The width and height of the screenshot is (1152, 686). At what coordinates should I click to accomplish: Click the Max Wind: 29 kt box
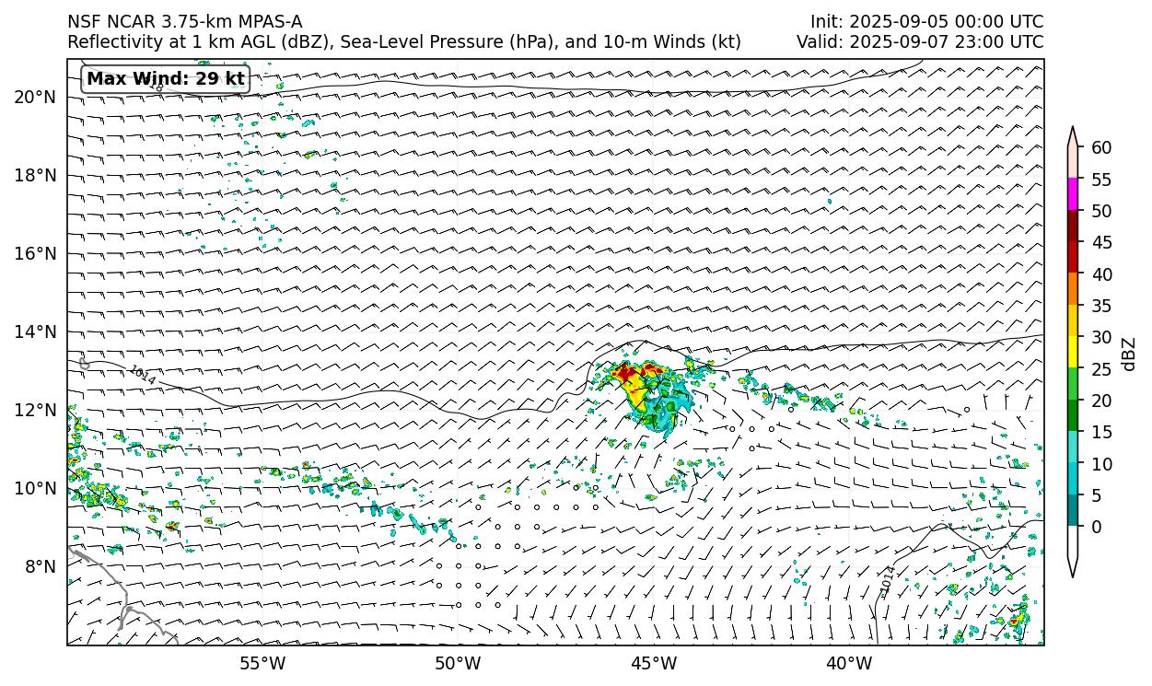(x=166, y=79)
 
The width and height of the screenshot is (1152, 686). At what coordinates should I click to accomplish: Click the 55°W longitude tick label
(x=262, y=663)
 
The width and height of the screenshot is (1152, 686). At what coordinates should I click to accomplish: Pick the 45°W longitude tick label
(x=654, y=663)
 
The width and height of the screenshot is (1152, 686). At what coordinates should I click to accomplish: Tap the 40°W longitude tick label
(x=849, y=663)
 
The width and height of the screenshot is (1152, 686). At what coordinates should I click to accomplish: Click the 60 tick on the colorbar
(x=1101, y=147)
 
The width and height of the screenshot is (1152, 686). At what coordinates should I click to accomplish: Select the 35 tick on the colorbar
(x=1101, y=306)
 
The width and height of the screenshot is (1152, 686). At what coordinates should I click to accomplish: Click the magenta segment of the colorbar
(x=1073, y=194)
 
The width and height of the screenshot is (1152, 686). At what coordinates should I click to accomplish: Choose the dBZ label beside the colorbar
(x=1129, y=354)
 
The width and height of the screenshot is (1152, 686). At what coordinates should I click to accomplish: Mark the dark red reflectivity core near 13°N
(x=627, y=373)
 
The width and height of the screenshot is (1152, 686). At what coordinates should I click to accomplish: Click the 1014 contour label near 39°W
(x=887, y=581)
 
